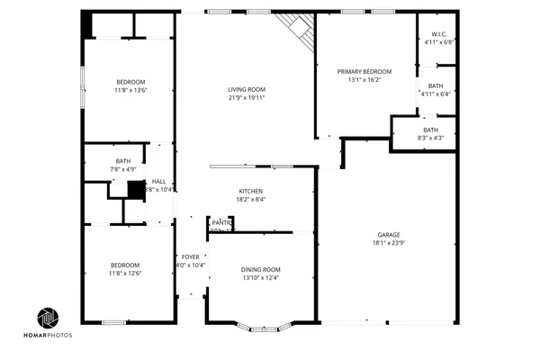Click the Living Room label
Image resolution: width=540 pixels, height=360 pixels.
click(246, 89)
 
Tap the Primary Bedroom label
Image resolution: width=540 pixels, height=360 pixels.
click(364, 71)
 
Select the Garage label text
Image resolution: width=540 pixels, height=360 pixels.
click(389, 234)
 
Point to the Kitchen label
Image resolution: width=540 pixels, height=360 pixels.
click(249, 191)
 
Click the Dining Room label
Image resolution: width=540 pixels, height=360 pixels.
click(260, 269)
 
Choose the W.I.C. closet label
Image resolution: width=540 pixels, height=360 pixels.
click(439, 35)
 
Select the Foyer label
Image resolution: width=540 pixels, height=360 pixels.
click(190, 256)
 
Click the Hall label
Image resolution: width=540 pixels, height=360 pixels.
click(158, 181)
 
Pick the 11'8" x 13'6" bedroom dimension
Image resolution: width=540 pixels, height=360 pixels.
click(130, 89)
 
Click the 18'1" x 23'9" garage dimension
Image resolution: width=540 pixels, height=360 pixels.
click(389, 243)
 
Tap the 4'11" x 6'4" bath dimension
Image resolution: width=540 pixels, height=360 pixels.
click(436, 94)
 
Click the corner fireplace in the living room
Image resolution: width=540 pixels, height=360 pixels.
click(296, 31)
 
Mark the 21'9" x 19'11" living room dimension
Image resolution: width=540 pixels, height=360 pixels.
click(246, 98)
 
